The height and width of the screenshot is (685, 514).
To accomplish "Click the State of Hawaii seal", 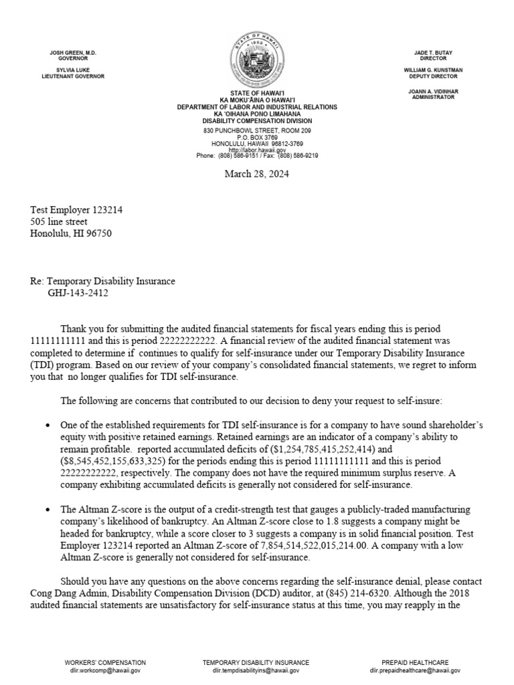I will pos(257,59).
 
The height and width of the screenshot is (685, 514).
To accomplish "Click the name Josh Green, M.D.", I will pos(73,52).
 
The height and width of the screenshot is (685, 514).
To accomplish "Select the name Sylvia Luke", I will pos(73,70).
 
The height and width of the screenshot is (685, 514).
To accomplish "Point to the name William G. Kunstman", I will pos(442,70).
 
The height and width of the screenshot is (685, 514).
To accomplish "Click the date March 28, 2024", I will pos(257,175).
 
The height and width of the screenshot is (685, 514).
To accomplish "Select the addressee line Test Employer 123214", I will pos(76,210).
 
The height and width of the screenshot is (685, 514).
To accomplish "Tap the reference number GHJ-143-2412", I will pos(78,293).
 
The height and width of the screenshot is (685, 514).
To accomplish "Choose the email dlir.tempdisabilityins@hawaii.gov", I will pos(256,670).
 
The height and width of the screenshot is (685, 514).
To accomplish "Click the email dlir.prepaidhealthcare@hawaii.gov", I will pos(414,670).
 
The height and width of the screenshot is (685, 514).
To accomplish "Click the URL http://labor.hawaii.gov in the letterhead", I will pos(257,151).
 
